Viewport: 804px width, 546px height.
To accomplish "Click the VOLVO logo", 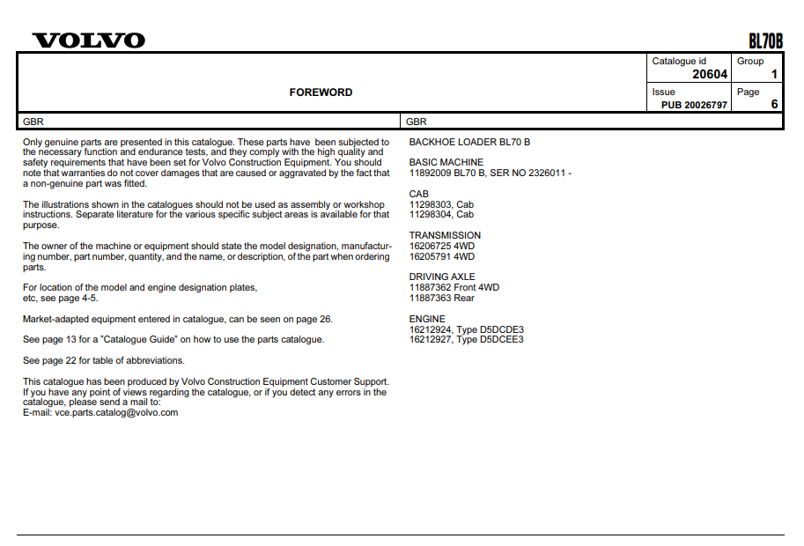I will (x=88, y=41).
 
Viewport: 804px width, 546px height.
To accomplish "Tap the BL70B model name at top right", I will (x=765, y=41).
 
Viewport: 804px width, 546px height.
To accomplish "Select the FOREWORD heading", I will (x=321, y=92).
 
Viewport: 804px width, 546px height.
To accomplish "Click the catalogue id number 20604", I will (x=710, y=75).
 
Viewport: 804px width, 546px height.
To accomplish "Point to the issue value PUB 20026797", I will (x=695, y=105).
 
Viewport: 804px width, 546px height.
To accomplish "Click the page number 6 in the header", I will (x=774, y=104).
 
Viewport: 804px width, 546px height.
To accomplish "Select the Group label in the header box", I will (x=750, y=61).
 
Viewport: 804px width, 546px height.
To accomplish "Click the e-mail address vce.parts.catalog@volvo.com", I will (x=116, y=412).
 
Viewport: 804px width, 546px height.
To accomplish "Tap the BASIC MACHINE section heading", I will (x=446, y=162).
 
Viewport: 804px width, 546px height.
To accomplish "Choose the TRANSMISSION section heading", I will (x=445, y=235).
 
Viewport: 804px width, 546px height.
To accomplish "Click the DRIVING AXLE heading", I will (x=442, y=277).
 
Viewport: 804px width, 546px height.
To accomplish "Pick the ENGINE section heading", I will (x=427, y=319).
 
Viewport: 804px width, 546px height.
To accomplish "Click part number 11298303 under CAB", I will (x=430, y=204).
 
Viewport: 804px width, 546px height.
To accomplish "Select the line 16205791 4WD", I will (x=441, y=256).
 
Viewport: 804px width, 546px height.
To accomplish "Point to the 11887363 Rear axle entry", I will (x=441, y=298).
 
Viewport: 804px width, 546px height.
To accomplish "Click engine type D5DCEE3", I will (x=502, y=339).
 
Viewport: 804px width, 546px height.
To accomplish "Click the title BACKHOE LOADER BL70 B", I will (x=469, y=142).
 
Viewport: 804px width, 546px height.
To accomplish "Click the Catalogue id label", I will (x=679, y=61).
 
